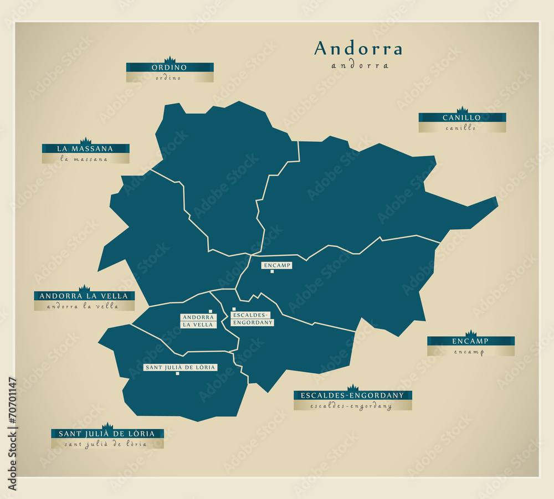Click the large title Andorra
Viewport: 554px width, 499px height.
pos(358,49)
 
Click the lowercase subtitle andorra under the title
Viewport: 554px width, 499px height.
pos(360,65)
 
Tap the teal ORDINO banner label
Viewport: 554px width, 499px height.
pos(170,68)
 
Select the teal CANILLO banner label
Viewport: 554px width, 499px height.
pos(461,117)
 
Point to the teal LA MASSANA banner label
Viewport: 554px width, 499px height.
pos(85,148)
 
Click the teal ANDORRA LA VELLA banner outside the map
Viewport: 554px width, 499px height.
pos(84,296)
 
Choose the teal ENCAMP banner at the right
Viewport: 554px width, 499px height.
pos(470,341)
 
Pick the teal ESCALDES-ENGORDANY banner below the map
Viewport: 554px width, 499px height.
pos(352,395)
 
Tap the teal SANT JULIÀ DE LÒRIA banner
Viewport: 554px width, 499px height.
pos(107,434)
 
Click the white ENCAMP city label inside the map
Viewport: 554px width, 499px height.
pos(277,265)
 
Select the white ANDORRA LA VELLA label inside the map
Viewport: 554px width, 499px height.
pos(198,321)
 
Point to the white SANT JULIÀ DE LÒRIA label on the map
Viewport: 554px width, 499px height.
pos(179,367)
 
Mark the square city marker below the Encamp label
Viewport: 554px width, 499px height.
pos(271,271)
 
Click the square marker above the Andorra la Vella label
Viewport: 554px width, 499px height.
pos(211,311)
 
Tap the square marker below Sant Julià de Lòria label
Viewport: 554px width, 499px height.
pos(177,374)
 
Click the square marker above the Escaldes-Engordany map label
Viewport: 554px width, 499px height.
pos(234,309)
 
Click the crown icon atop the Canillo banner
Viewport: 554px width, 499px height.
pos(462,110)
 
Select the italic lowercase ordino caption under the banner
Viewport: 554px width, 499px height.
pos(170,78)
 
